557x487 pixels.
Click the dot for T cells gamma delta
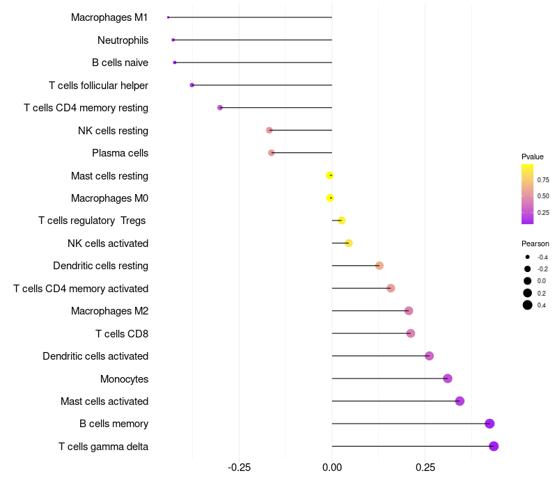click(494, 446)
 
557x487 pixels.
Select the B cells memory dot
click(489, 424)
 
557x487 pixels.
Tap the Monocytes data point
click(448, 378)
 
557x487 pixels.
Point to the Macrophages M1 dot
click(168, 17)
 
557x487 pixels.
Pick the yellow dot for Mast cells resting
click(330, 175)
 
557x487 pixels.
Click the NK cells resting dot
click(269, 130)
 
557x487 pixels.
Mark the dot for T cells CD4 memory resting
click(220, 108)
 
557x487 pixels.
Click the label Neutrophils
click(123, 40)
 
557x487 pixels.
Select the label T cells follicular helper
click(98, 86)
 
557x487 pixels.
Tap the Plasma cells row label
click(120, 153)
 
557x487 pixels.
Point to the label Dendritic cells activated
click(95, 356)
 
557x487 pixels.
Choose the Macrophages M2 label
click(109, 311)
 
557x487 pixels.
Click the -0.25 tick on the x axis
click(239, 467)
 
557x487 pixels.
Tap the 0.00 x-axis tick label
click(332, 467)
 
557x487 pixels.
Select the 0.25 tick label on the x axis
click(426, 467)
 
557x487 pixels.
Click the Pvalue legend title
click(533, 157)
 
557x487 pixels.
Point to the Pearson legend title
click(535, 243)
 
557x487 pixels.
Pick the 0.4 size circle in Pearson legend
click(528, 305)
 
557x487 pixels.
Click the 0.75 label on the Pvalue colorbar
click(543, 179)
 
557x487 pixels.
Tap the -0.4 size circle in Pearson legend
click(528, 257)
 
